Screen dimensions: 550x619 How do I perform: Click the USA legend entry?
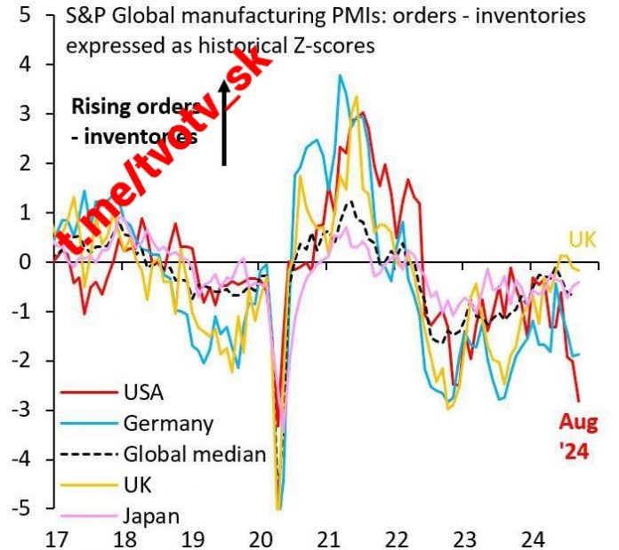(x=141, y=391)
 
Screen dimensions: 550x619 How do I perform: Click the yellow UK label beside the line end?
(x=583, y=240)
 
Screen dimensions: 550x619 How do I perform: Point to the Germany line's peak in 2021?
(x=340, y=76)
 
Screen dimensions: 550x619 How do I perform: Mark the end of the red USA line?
(x=579, y=402)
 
